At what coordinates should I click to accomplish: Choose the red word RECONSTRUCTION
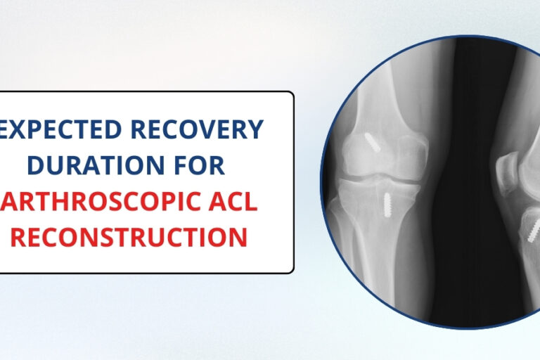point(129,238)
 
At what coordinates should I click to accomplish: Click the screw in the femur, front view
point(372,143)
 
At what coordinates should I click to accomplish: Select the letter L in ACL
point(250,202)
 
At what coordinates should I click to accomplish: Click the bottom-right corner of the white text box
point(292,271)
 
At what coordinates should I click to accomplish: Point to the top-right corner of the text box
point(292,93)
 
